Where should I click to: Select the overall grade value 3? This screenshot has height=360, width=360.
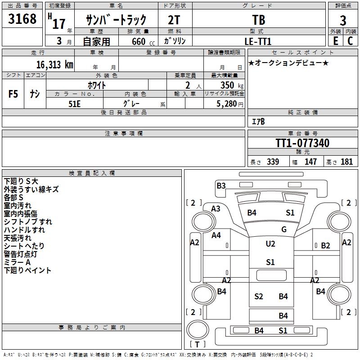343,21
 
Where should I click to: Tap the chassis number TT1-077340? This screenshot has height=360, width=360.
302,144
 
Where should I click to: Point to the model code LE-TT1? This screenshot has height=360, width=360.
258,41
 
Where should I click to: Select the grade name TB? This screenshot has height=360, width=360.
259,21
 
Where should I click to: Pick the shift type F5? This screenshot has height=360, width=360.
13,94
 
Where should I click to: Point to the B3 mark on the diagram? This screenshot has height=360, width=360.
221,185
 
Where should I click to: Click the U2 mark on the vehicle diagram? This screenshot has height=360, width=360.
270,244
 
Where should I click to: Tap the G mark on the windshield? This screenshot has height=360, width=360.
284,229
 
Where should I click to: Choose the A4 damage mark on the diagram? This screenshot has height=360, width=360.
216,235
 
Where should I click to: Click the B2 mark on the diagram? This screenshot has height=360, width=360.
325,245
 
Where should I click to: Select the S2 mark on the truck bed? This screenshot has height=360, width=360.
258,296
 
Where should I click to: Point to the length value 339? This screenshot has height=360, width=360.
273,162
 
